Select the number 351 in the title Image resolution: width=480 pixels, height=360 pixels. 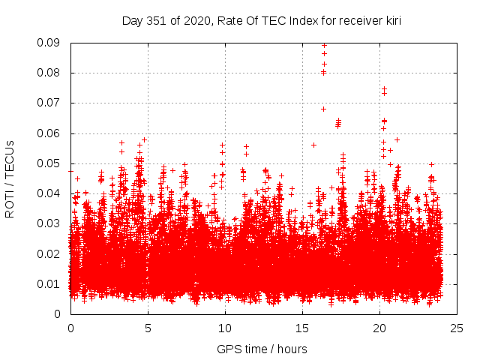156,21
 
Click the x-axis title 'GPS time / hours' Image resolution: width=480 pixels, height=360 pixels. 262,349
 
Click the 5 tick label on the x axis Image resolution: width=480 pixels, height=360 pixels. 148,328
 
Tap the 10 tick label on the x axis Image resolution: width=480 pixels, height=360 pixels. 225,328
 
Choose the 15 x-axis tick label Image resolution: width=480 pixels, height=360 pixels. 302,328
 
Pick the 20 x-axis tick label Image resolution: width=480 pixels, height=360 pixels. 379,328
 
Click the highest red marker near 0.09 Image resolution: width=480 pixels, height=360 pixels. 324,45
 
